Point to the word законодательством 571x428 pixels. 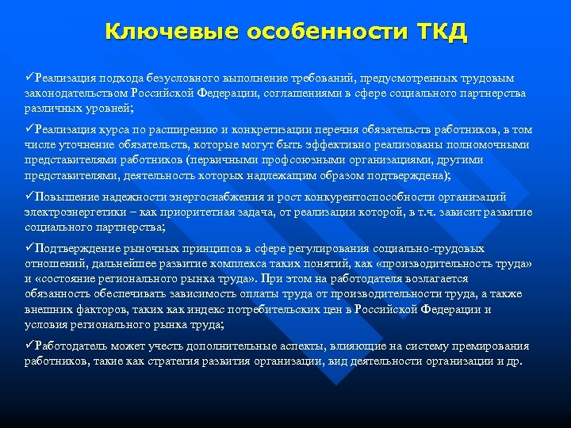(75, 93)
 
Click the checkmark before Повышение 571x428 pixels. (30, 197)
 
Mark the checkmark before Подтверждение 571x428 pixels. (30, 249)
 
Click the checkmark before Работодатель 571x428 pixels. (30, 346)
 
